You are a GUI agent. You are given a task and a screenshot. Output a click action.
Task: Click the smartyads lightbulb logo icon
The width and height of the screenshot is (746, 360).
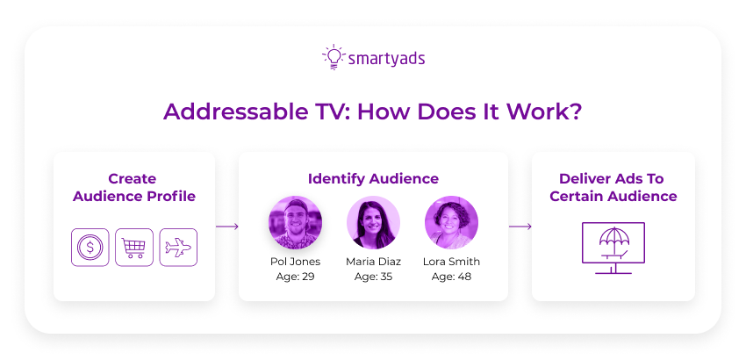(333, 58)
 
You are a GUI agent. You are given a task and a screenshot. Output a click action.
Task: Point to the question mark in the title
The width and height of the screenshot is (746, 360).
(576, 112)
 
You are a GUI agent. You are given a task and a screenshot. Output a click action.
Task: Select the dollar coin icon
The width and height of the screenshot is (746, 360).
(90, 248)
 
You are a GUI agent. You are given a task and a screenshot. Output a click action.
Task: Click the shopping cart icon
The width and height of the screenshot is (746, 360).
(134, 248)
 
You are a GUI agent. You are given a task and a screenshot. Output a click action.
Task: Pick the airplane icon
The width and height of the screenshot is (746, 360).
(178, 248)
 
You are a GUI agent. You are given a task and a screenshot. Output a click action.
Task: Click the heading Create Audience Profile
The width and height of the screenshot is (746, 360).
(133, 187)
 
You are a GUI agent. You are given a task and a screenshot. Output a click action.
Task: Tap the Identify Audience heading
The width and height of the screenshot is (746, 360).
(373, 178)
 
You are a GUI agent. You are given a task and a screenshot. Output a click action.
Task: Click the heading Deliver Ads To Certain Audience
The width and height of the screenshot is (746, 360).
(613, 187)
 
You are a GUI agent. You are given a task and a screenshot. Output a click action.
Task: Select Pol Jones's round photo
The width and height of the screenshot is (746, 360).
(296, 222)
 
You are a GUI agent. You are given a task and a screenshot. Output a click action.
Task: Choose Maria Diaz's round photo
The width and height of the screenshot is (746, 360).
(373, 222)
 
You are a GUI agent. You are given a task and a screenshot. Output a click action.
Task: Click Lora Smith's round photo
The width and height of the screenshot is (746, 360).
(451, 222)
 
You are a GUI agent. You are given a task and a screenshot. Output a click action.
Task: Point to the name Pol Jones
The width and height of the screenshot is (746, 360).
(296, 262)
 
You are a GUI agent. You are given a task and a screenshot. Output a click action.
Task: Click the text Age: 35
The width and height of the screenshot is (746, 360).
(373, 277)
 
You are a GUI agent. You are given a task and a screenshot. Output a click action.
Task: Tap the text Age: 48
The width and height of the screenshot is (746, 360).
(451, 277)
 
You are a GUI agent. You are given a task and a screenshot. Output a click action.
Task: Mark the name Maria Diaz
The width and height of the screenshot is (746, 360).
(373, 262)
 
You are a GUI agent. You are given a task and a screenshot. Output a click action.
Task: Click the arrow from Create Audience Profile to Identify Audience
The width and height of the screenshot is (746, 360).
(227, 227)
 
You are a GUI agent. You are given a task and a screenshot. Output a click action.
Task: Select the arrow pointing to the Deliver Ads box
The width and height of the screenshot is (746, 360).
(520, 227)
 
